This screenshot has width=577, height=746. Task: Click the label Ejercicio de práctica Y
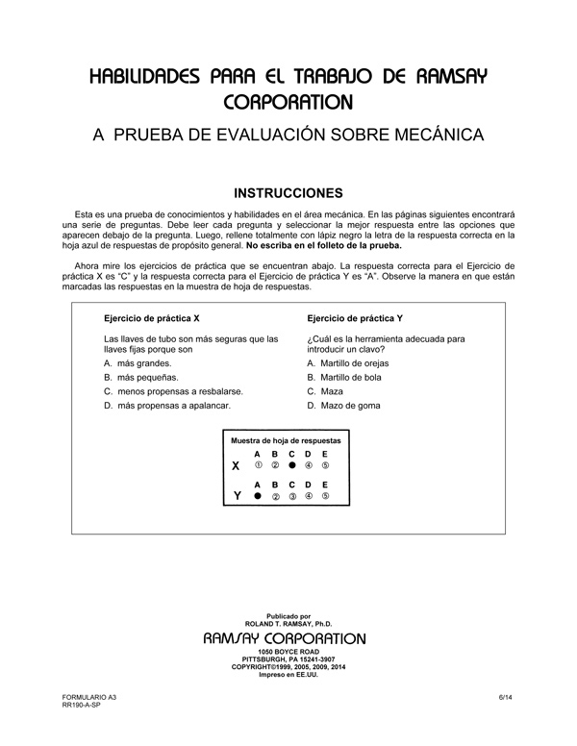(x=354, y=317)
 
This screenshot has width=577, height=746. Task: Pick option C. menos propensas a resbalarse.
(x=173, y=391)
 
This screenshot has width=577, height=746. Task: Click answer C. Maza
(x=325, y=391)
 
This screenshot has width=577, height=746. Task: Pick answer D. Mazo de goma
(x=343, y=405)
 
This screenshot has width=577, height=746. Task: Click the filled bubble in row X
(x=291, y=465)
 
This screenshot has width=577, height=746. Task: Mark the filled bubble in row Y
(x=257, y=496)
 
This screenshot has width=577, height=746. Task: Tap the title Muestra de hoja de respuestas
(x=287, y=439)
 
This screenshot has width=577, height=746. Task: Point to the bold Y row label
(x=236, y=496)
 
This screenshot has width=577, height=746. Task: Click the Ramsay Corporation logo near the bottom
(x=286, y=638)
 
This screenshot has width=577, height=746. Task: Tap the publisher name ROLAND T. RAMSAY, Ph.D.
(x=288, y=624)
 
